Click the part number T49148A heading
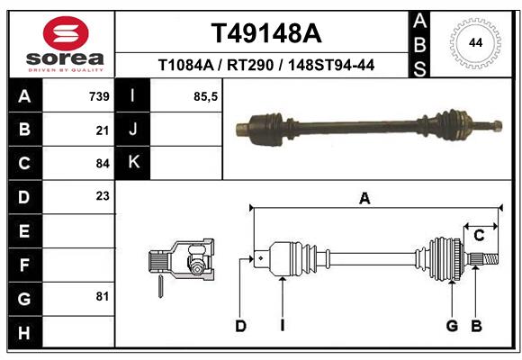coord(265,33)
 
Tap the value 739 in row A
coord(98,96)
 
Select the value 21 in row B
coord(102,130)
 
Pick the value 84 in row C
coord(102,164)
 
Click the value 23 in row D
coord(102,196)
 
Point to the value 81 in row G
coord(102,296)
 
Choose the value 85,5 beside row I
coord(206,96)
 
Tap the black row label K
coord(133,163)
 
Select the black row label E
coord(23,230)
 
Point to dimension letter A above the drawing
coord(364,199)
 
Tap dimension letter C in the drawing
coord(480,236)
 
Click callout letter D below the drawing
coord(240,326)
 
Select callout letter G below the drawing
coord(452,326)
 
